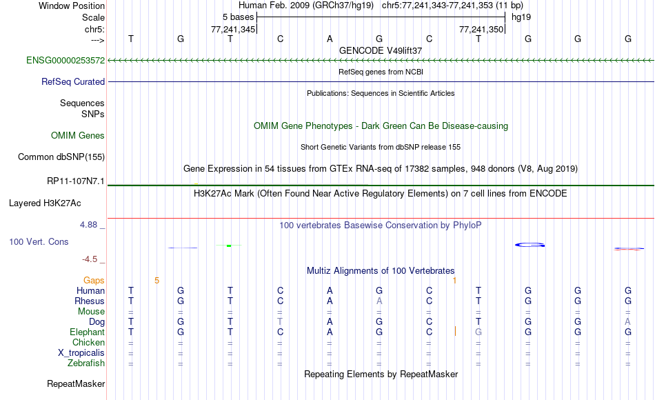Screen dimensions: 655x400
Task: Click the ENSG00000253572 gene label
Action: [65, 60]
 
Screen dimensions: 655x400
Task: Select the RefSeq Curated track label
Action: [73, 81]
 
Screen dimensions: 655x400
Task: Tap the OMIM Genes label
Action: [78, 135]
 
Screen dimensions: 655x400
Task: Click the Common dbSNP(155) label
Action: [61, 157]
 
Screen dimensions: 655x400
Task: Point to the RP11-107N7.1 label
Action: [76, 181]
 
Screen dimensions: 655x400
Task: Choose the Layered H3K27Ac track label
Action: [45, 203]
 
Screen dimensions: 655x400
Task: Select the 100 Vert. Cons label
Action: [39, 241]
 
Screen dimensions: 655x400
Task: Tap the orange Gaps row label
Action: [94, 281]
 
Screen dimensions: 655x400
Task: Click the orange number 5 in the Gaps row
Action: [157, 281]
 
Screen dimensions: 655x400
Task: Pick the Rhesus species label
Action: [90, 301]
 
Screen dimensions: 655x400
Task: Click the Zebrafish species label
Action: [86, 363]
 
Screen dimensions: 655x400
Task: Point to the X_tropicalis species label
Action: [81, 353]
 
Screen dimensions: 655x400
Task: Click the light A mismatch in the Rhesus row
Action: [379, 301]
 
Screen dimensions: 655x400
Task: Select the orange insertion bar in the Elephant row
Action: [455, 332]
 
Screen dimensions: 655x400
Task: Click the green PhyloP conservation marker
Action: [229, 246]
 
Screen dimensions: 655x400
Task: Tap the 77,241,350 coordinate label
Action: [481, 29]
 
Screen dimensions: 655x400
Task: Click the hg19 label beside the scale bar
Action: [521, 17]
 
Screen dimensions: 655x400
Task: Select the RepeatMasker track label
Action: [76, 383]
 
